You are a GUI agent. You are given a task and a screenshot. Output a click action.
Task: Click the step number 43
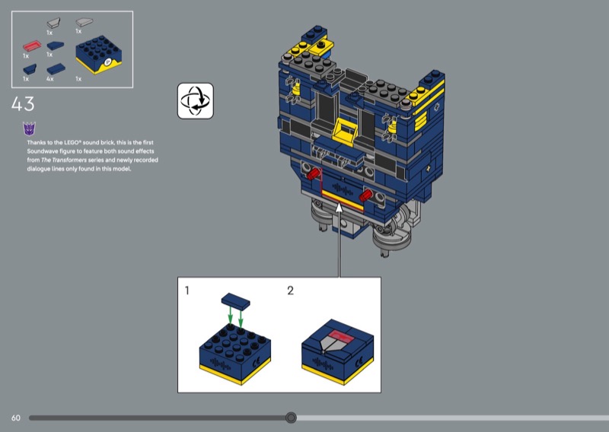[x=23, y=104]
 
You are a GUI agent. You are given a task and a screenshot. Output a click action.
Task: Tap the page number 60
[x=16, y=418]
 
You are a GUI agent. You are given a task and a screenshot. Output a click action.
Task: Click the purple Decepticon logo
[x=29, y=129]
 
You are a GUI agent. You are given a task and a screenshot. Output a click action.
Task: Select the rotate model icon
[x=196, y=101]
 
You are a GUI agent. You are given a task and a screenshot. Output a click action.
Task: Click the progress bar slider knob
[x=291, y=418]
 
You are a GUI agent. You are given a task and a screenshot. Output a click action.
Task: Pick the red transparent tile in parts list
[x=32, y=46]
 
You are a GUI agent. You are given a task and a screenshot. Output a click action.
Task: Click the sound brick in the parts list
[x=99, y=55]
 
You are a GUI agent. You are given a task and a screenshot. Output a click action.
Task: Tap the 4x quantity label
[x=49, y=79]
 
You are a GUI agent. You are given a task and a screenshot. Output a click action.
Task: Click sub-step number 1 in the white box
[x=187, y=291]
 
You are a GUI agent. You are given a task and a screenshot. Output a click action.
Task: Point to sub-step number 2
[x=290, y=291]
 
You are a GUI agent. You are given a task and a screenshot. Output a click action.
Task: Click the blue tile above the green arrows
[x=236, y=301]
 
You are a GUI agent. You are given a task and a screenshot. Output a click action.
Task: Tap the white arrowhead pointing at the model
[x=339, y=208]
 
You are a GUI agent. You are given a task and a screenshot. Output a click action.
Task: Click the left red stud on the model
[x=313, y=173]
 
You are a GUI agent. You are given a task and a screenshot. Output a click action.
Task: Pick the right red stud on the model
[x=366, y=195]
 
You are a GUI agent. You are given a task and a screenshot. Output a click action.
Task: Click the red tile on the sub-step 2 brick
[x=342, y=336]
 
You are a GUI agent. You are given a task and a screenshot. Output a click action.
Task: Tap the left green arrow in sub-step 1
[x=231, y=315]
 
